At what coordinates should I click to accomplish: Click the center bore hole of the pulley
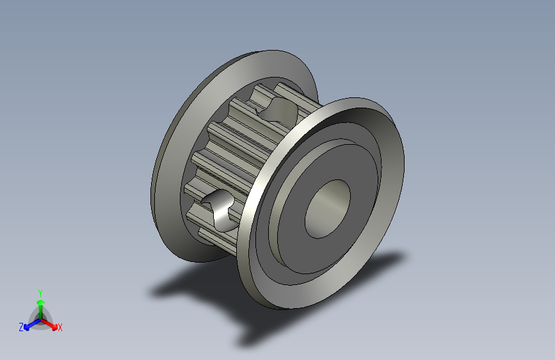pyautogui.click(x=328, y=209)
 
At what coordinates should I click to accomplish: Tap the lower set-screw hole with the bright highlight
pyautogui.click(x=220, y=209)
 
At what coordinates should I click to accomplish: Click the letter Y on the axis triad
pyautogui.click(x=40, y=293)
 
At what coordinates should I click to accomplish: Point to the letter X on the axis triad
pyautogui.click(x=60, y=328)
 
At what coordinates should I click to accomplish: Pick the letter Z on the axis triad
pyautogui.click(x=21, y=327)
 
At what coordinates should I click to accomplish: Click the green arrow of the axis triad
pyautogui.click(x=41, y=309)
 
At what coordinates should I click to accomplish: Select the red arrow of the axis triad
pyautogui.click(x=49, y=324)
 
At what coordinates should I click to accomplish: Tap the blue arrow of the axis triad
pyautogui.click(x=33, y=324)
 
